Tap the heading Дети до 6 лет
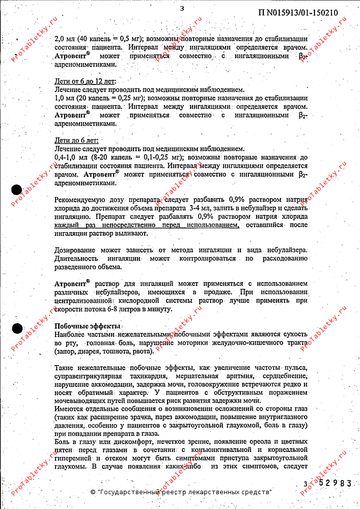pos(76,140)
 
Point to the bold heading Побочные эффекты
pos(87,326)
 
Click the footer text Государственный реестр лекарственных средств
pos(184,492)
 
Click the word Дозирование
pos(76,250)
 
